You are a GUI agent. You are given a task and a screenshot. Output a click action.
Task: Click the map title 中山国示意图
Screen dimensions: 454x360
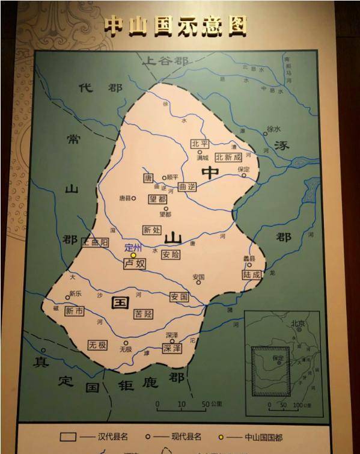[x=175, y=25]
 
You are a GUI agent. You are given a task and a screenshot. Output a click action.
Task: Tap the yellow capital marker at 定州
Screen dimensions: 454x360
[x=133, y=256]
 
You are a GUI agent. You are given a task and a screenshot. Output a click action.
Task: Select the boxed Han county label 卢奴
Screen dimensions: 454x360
[x=135, y=263]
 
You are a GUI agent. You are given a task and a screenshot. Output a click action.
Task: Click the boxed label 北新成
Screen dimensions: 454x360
[x=228, y=157]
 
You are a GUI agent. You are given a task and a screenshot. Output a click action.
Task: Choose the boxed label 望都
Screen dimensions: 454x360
[x=157, y=198]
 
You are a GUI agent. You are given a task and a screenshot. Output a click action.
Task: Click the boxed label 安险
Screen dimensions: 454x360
[x=171, y=254]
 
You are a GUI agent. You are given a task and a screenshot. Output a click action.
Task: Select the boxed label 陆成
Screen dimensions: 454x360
[x=252, y=274]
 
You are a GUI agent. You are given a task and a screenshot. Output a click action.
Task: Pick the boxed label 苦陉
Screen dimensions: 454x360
[x=143, y=314]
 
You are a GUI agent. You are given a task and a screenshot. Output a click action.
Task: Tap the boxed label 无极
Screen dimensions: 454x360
[x=97, y=345]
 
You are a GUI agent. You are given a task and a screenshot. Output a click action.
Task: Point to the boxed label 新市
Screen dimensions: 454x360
[x=74, y=311]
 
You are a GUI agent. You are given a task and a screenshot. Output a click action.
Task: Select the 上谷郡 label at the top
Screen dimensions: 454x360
[x=165, y=61]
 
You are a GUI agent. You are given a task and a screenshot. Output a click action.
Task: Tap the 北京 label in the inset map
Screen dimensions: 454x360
[x=297, y=324]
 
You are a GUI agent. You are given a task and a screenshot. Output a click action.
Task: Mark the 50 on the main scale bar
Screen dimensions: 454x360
[x=205, y=403]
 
